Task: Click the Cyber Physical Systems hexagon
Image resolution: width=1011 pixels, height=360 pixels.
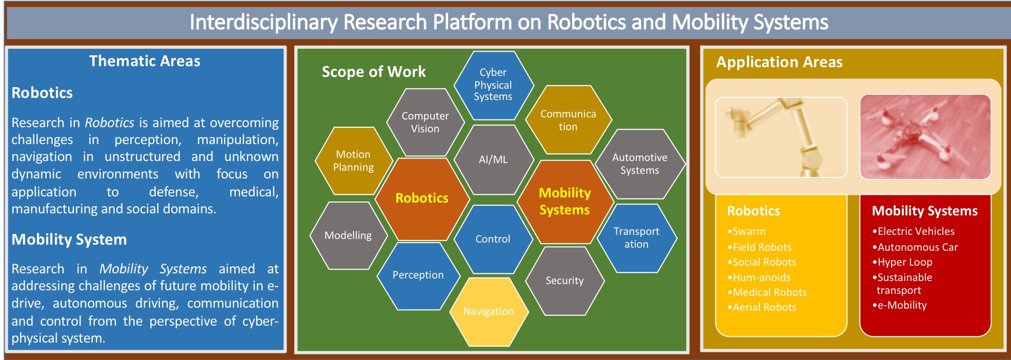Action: pos(494,85)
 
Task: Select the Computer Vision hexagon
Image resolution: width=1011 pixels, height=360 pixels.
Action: pos(425,122)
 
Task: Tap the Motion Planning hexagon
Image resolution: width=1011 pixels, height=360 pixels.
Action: pos(353,161)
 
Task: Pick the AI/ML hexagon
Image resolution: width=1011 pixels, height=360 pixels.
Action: pos(494,159)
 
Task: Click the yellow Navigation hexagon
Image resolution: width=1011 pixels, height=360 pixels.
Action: pos(489,312)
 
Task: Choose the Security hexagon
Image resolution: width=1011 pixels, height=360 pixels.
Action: pos(565,281)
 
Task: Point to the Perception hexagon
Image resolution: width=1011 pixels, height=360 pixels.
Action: pos(418,275)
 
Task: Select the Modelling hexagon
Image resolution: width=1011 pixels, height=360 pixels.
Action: pos(349,235)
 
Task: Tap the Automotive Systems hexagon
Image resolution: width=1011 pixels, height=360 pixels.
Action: pos(640,164)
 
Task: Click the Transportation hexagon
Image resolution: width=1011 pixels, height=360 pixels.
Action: pos(637,238)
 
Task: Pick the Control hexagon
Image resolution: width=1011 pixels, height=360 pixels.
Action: pos(493,239)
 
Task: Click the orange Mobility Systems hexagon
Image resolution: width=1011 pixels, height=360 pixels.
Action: pos(565,202)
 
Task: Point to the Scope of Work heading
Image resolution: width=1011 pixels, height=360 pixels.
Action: pos(374,72)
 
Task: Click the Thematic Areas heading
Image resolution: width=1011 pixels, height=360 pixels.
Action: pos(145,61)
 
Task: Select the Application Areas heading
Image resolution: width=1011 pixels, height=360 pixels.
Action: pos(779,62)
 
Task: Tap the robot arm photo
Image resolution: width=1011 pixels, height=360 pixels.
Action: pos(781,137)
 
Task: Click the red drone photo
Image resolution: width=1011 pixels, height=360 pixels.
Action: pos(925,137)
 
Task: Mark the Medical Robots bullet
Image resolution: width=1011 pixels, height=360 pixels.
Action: pos(767,292)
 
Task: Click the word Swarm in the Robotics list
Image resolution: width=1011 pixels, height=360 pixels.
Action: pos(749,231)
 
